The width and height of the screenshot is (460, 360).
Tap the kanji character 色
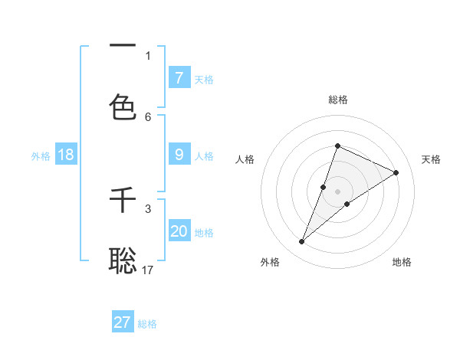coord(123,108)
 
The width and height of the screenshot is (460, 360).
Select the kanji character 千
coord(123,201)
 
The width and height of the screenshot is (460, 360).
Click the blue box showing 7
coord(179,78)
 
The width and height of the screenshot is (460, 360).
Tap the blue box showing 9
coord(179,155)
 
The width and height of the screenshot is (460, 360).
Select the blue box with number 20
coord(179,231)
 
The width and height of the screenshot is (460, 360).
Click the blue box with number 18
coord(66,155)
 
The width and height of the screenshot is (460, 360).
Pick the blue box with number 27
coord(123,322)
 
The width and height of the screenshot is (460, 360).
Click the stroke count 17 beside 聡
coord(148,270)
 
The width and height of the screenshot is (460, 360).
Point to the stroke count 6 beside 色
coord(148,116)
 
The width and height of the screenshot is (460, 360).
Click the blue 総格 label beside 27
coord(147,324)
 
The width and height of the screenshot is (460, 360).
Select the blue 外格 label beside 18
coord(41,156)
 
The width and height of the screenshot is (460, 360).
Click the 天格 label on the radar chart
coord(432,159)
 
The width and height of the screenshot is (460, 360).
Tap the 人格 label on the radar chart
coord(245,159)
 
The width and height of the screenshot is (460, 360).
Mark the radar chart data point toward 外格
coord(302,242)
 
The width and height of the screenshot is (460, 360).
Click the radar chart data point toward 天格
coord(396,172)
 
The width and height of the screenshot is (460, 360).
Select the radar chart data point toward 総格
coord(337,146)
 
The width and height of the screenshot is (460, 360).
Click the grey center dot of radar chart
coord(337,191)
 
